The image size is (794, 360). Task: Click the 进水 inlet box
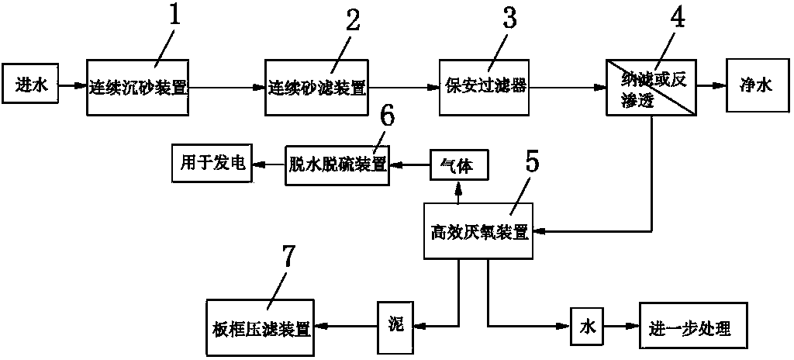31,87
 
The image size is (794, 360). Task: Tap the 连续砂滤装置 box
317,87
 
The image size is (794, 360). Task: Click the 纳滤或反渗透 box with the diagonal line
652,87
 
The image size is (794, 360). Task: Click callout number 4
678,18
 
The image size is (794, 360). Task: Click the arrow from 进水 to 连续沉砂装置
72,87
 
